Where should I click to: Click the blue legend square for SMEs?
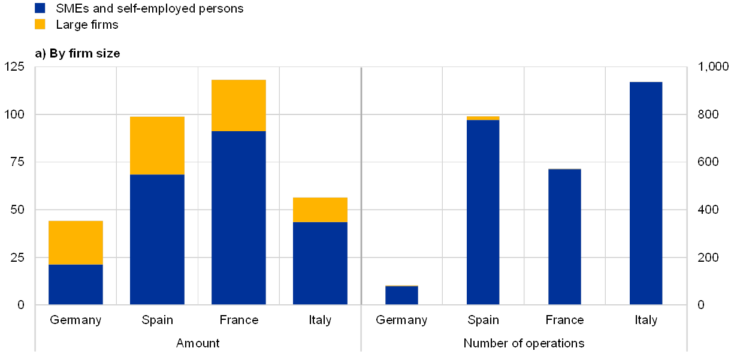(x=41, y=8)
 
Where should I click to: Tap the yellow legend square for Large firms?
(x=41, y=24)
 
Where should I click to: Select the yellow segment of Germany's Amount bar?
(x=75, y=242)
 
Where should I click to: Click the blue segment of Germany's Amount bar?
(x=75, y=285)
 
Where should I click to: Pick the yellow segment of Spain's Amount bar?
(x=157, y=145)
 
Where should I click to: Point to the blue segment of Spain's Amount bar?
(x=157, y=240)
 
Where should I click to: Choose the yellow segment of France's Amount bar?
(x=238, y=105)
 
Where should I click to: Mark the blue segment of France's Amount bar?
(x=238, y=217)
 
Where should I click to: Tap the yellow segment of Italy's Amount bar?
(x=320, y=209)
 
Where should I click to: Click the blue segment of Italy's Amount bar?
(x=320, y=263)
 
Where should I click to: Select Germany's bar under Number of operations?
(x=401, y=295)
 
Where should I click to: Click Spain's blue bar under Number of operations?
(x=483, y=213)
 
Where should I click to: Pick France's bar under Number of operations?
(x=564, y=237)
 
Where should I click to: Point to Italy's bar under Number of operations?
(x=646, y=193)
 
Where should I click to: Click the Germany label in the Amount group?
(x=75, y=320)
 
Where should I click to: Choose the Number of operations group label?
(x=524, y=343)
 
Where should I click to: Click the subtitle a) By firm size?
(x=78, y=54)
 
